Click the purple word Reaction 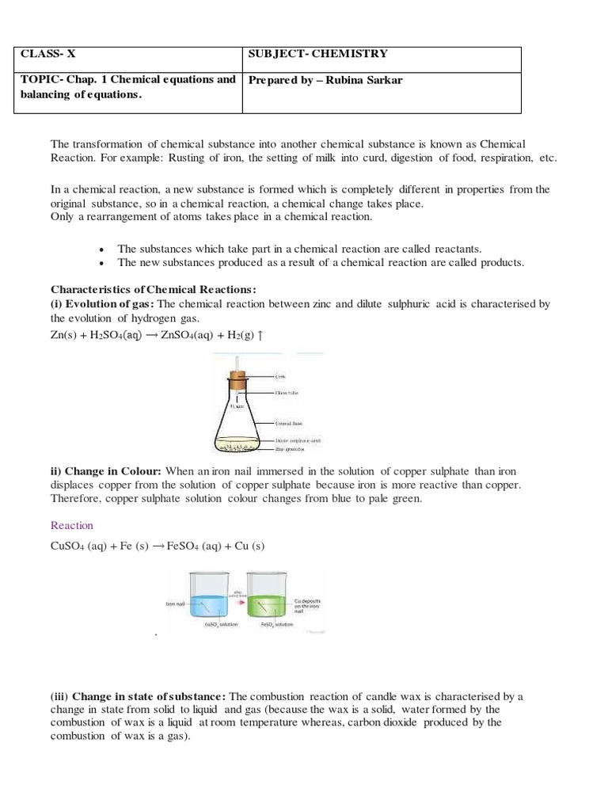click(x=72, y=526)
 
